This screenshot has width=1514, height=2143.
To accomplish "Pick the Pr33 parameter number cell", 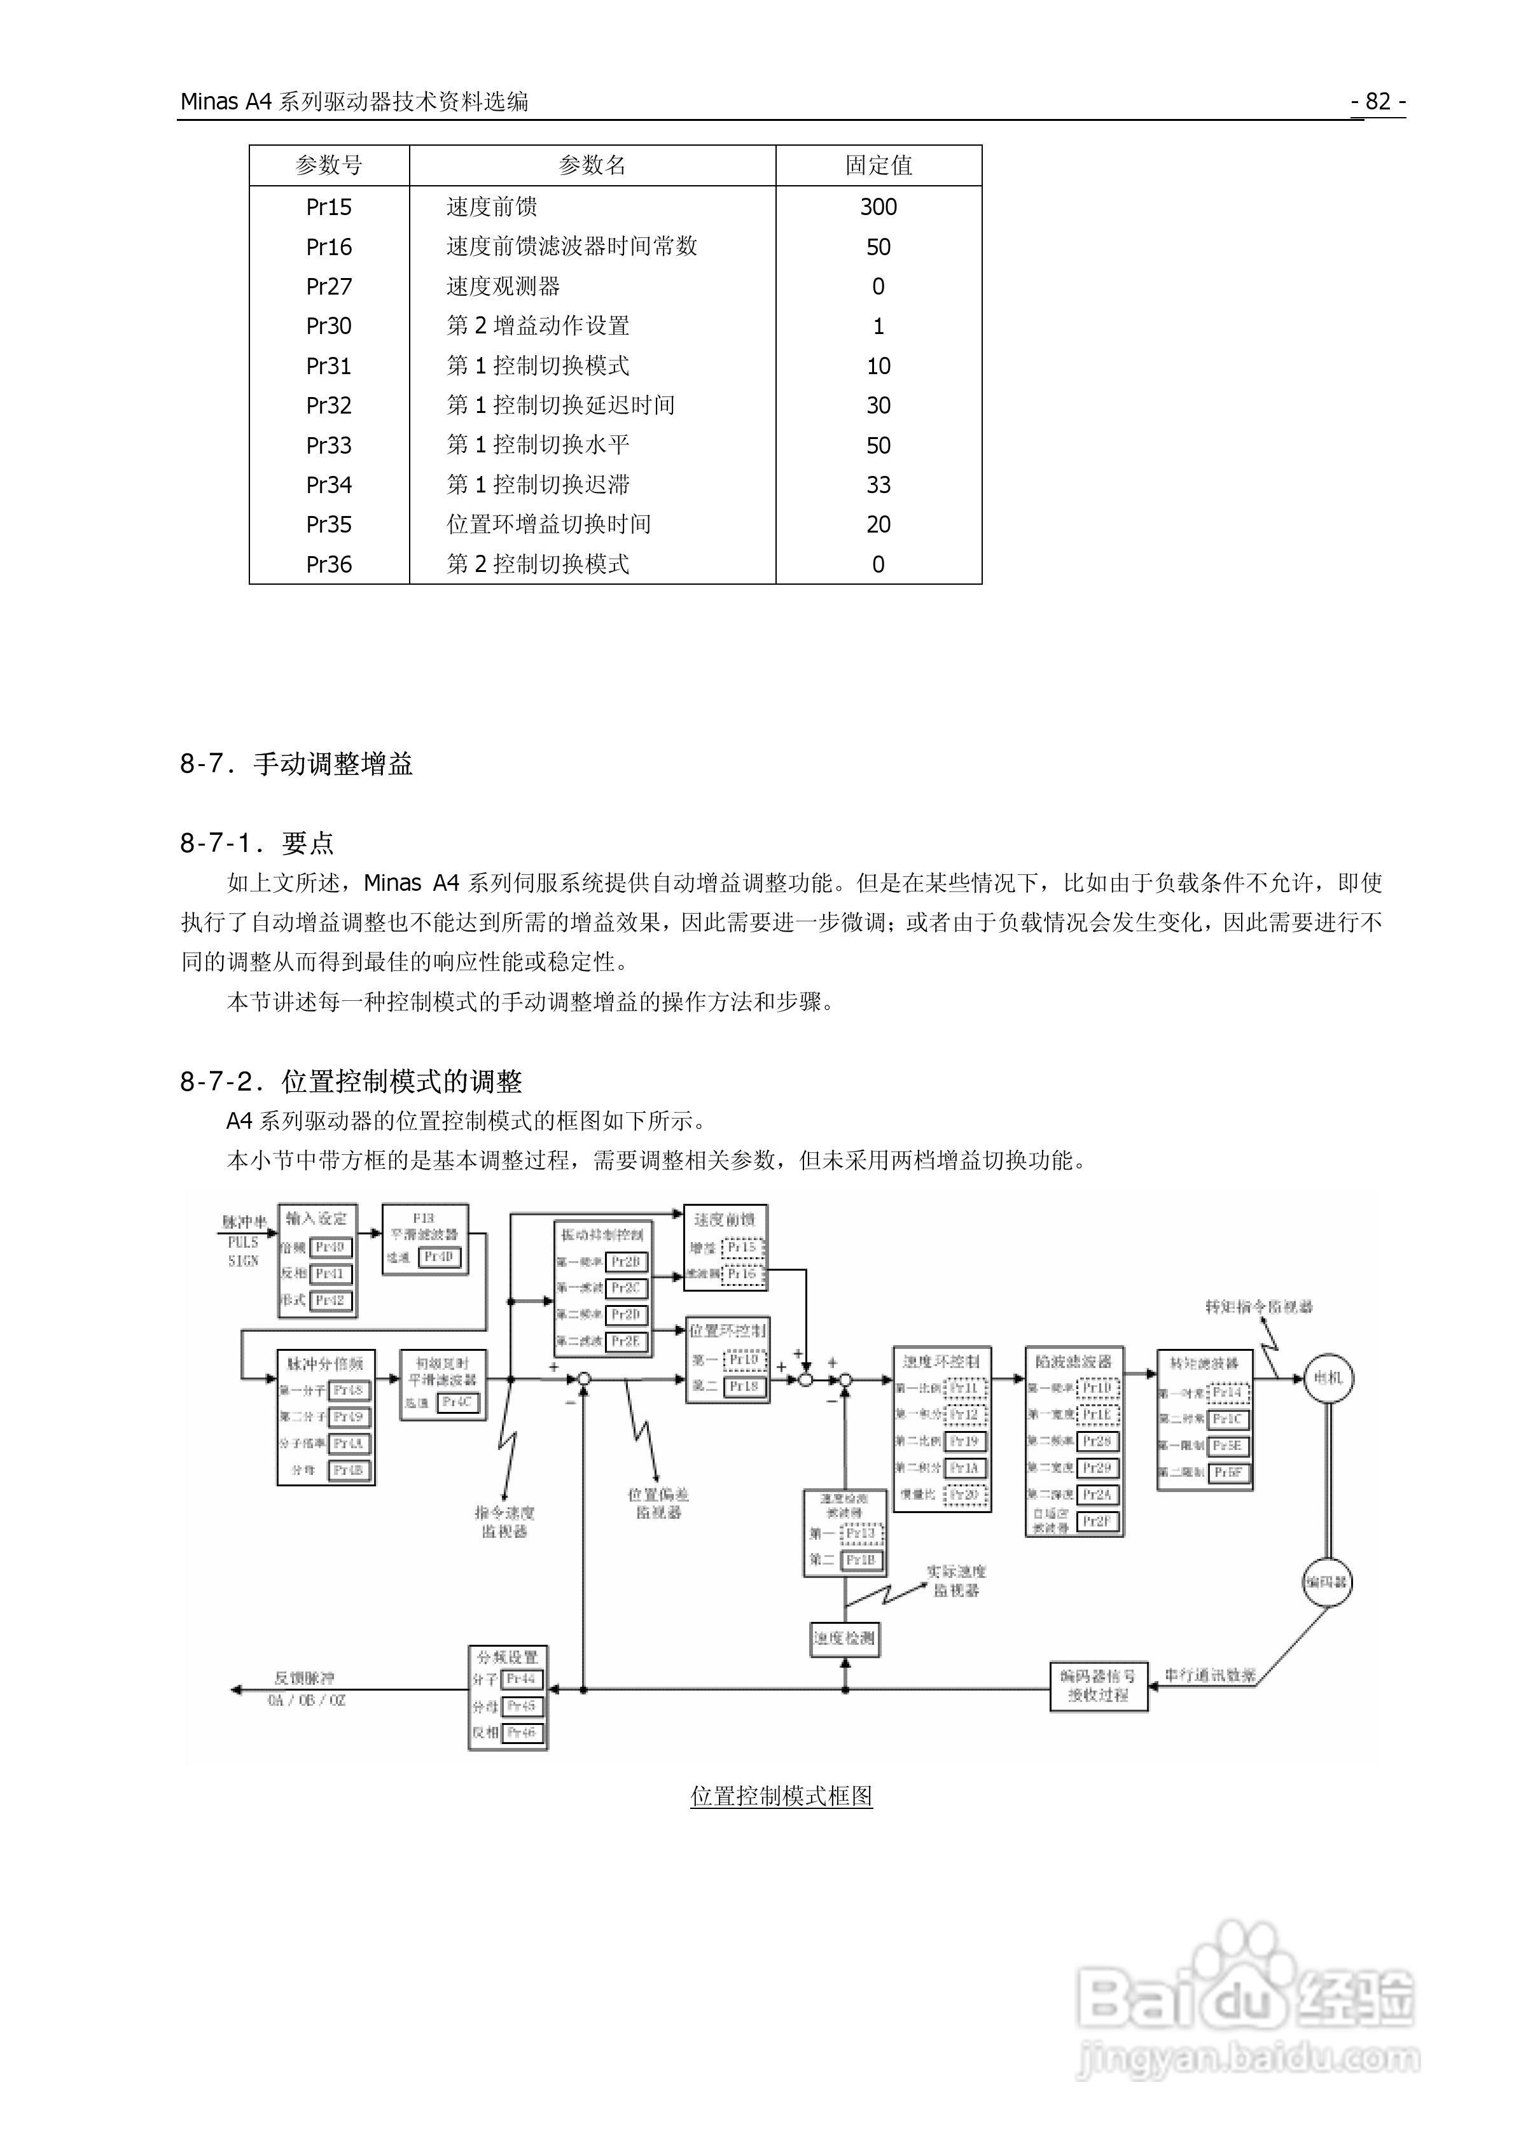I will click(x=328, y=445).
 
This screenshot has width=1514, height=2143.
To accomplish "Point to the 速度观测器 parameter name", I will click(x=503, y=286).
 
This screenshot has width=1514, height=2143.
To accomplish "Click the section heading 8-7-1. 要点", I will click(x=257, y=843).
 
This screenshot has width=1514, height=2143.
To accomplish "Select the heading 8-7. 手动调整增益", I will click(x=296, y=764).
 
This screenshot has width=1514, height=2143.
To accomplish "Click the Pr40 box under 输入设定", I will click(x=330, y=1247).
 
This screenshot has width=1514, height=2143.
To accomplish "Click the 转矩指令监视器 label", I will click(x=1258, y=1307).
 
